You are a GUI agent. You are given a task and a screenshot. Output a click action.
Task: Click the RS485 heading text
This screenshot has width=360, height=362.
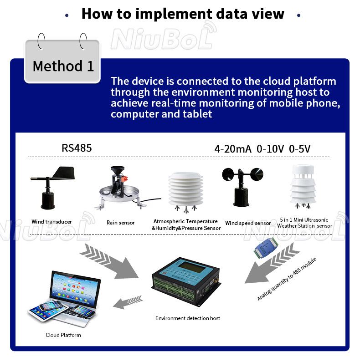(77, 148)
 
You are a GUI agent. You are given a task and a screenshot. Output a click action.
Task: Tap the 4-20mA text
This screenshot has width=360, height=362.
(232, 149)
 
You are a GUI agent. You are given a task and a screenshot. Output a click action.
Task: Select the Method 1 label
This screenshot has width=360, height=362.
(63, 66)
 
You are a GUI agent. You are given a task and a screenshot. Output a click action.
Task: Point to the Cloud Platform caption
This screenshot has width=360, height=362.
(63, 335)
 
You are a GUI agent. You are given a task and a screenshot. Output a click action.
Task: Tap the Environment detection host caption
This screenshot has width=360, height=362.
(187, 318)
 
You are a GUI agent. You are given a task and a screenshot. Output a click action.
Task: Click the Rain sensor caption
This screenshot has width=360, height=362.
(121, 223)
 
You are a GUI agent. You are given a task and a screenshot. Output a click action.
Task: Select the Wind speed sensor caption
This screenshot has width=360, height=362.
(248, 223)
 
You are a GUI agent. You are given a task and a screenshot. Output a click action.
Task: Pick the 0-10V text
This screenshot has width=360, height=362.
(270, 149)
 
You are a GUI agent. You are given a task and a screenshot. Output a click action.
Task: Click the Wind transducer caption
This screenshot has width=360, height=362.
(51, 222)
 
